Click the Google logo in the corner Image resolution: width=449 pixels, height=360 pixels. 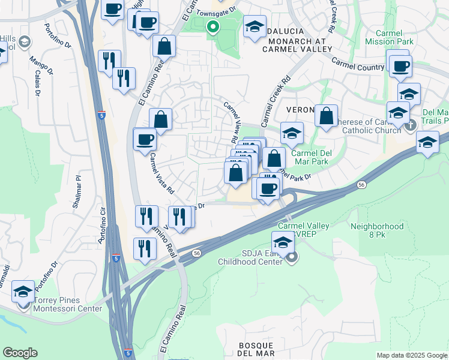[20, 353]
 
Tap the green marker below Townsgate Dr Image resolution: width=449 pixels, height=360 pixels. [212, 26]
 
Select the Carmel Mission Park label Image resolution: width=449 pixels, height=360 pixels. [388, 37]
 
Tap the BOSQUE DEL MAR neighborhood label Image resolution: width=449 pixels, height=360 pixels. [256, 350]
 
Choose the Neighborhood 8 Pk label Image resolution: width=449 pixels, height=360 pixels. [377, 231]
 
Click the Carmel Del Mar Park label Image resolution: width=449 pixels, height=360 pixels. [312, 157]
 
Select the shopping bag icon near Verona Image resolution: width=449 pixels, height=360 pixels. [326, 116]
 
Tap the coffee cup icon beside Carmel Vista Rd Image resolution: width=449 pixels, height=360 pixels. [145, 140]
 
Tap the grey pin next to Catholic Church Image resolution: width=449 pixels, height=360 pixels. [411, 126]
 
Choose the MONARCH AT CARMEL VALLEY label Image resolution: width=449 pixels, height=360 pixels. [293, 45]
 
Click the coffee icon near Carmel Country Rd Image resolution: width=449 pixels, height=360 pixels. [399, 65]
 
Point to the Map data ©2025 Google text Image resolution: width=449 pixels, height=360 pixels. [412, 355]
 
